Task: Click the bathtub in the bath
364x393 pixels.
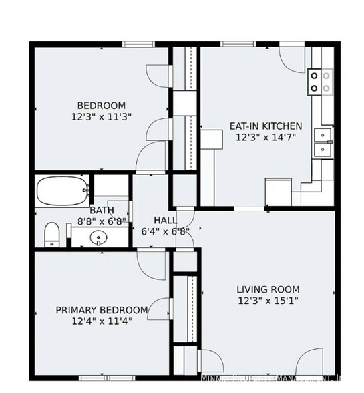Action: coord(62,191)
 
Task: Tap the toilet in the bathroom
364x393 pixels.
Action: coord(52,235)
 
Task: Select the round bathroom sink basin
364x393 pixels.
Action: coord(99,237)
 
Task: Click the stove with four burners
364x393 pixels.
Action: coord(319,82)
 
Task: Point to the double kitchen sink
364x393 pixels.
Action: coord(324,142)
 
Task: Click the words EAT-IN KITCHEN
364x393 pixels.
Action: coord(266,126)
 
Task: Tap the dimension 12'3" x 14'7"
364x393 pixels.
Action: coord(266,137)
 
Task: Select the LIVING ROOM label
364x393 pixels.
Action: coord(268,289)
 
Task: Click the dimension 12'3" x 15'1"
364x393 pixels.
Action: coord(268,301)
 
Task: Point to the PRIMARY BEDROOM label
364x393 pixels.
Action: coord(102,309)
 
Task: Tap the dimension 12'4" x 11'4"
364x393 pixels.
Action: coord(102,321)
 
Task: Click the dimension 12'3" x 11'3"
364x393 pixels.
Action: coord(102,116)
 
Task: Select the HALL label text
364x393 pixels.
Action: coord(166,220)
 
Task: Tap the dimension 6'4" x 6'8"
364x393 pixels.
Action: coord(166,231)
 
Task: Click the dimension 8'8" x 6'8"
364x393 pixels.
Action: coord(102,221)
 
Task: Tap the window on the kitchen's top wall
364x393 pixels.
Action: coord(234,45)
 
